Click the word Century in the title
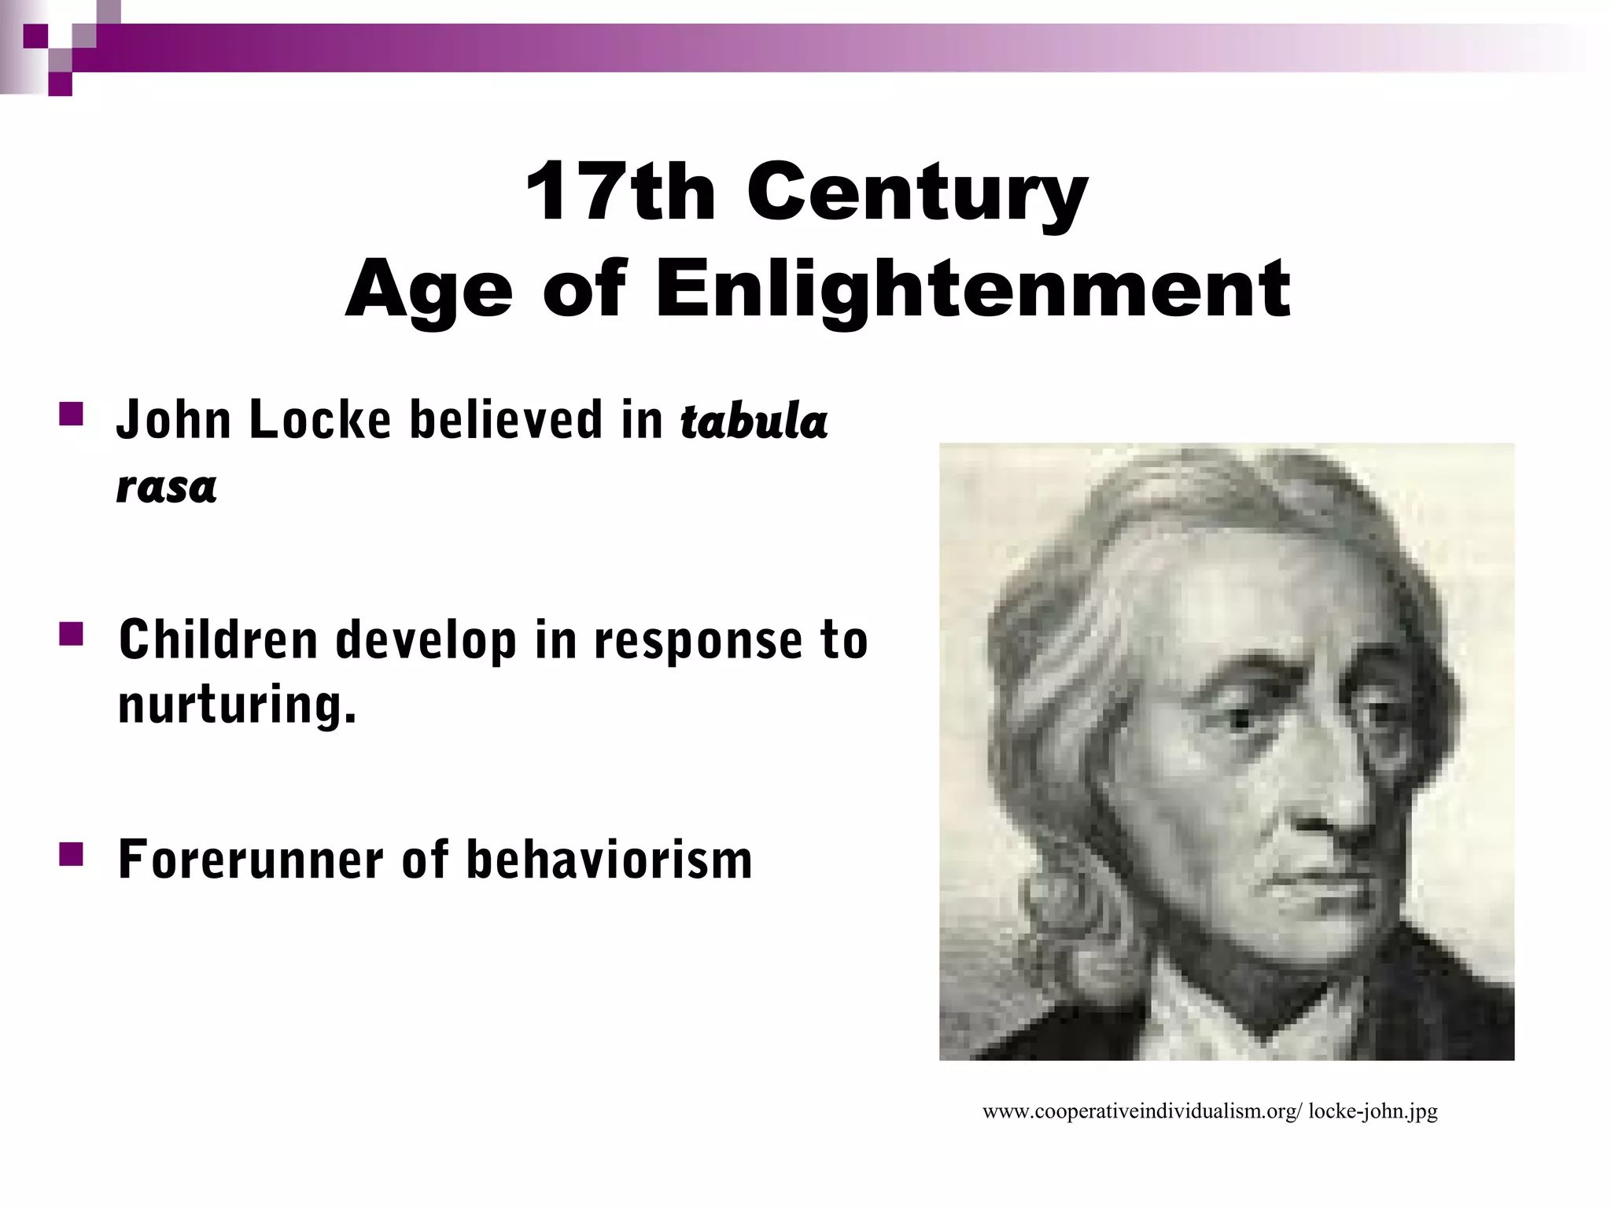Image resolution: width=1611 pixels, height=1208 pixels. tap(917, 193)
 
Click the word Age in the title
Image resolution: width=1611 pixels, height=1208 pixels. tap(429, 291)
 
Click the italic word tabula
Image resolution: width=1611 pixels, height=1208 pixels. tap(754, 421)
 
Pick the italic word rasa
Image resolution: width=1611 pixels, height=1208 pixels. tap(166, 485)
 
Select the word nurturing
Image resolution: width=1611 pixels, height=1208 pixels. tap(237, 704)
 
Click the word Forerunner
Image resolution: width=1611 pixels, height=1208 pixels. tap(249, 859)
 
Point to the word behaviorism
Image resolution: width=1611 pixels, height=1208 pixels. tap(609, 859)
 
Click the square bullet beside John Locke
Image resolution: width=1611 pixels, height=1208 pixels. tap(71, 414)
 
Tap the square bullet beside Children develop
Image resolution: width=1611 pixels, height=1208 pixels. tap(71, 634)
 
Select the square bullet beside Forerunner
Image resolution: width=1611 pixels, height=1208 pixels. tap(71, 853)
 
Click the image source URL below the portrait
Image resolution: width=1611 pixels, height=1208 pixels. tap(1210, 1111)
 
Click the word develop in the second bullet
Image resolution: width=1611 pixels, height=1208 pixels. tap(426, 640)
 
